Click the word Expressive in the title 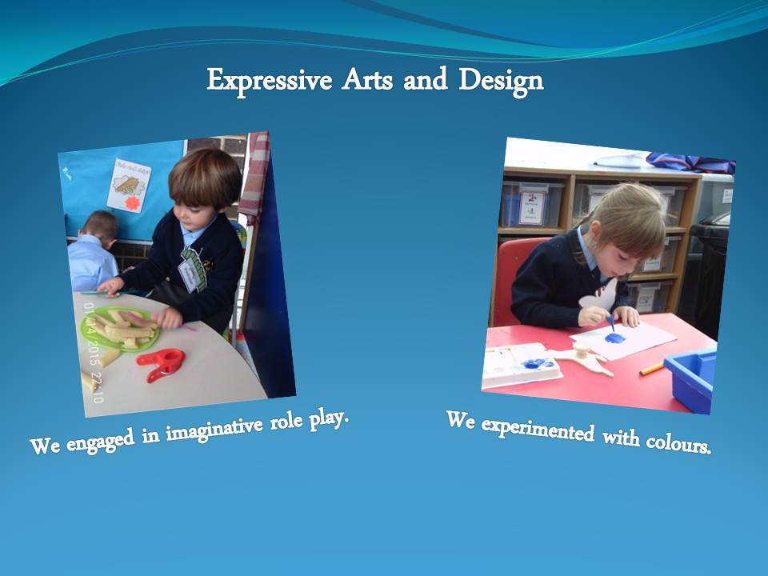click(270, 81)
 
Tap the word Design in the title click(501, 81)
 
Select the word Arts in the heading click(367, 80)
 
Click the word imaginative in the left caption click(214, 429)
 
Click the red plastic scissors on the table click(161, 364)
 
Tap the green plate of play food click(121, 328)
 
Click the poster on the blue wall click(129, 185)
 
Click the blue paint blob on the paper click(614, 338)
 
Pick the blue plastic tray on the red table click(690, 379)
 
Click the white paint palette click(521, 366)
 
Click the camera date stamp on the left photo click(93, 352)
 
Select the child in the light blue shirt click(93, 251)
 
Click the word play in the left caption click(329, 419)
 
